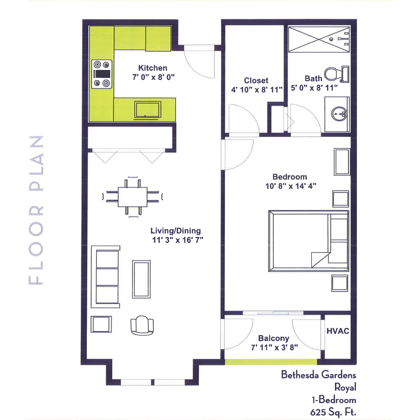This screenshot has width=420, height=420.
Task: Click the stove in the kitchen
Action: pyautogui.click(x=102, y=74)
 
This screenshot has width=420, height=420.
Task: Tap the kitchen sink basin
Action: pyautogui.click(x=148, y=110)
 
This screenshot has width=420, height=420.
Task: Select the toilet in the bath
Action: pyautogui.click(x=337, y=74)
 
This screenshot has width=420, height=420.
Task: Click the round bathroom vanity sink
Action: pyautogui.click(x=339, y=114)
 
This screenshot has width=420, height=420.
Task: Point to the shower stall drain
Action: pyautogui.click(x=331, y=39)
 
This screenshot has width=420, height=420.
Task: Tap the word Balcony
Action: pyautogui.click(x=274, y=338)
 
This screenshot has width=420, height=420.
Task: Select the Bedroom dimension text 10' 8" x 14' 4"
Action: pyautogui.click(x=291, y=186)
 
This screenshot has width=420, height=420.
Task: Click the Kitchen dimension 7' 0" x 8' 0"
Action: pyautogui.click(x=153, y=77)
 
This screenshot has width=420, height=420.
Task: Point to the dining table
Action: pyautogui.click(x=133, y=197)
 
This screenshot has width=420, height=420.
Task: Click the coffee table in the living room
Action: pyautogui.click(x=141, y=279)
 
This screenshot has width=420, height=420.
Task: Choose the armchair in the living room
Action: pyautogui.click(x=142, y=325)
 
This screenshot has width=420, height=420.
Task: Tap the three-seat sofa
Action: pyautogui.click(x=105, y=276)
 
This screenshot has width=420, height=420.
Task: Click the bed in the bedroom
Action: pyautogui.click(x=308, y=241)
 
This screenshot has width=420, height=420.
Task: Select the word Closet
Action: pyautogui.click(x=256, y=80)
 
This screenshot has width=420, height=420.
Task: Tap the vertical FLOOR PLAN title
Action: pyautogui.click(x=36, y=210)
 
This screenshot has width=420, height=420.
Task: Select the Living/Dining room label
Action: pyautogui.click(x=175, y=231)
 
